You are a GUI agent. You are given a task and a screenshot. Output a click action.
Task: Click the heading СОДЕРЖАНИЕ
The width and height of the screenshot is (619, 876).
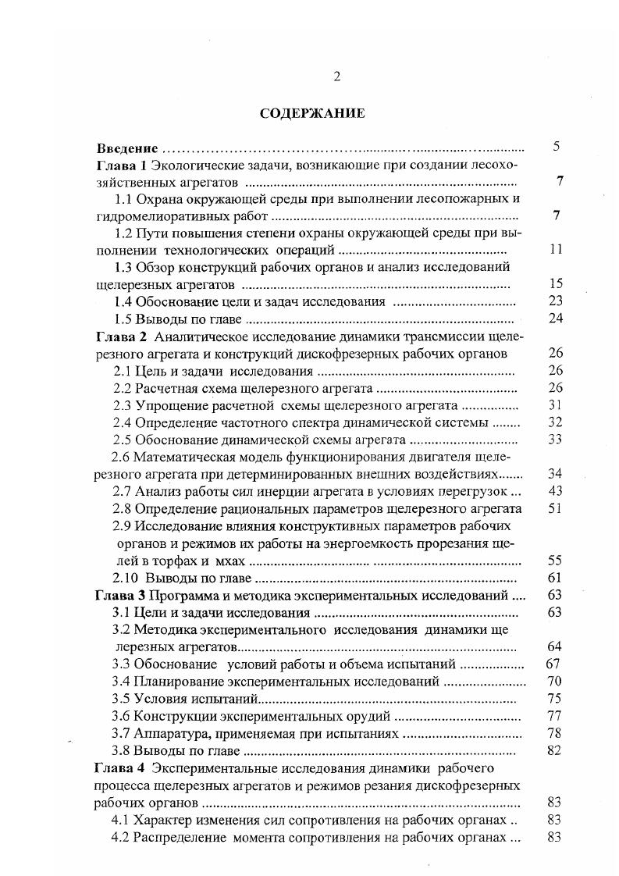click(x=312, y=113)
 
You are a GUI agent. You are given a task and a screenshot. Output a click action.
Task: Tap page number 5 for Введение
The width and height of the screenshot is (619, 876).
click(x=557, y=146)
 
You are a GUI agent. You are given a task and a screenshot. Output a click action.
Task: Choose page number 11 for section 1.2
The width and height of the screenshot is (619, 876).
click(x=556, y=250)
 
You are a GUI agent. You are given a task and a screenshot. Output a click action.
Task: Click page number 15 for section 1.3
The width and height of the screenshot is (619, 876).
click(x=556, y=284)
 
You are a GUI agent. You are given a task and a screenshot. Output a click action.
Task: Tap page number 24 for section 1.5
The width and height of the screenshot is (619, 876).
click(x=556, y=319)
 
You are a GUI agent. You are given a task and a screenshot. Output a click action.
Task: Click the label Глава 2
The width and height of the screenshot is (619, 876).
click(x=121, y=337)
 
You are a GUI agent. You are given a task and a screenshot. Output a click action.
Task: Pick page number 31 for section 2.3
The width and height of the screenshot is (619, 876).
click(x=556, y=404)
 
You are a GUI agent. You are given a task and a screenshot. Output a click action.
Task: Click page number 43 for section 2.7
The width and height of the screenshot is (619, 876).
click(x=556, y=491)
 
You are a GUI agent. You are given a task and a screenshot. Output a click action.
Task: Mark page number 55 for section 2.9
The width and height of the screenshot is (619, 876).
click(x=556, y=561)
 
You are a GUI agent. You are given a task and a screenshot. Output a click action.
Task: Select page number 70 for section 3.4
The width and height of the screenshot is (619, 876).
click(x=556, y=681)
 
